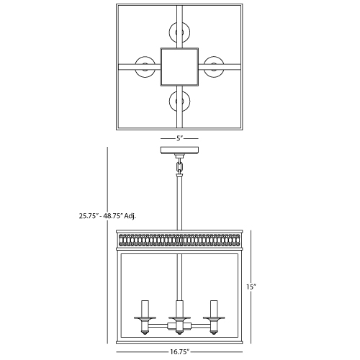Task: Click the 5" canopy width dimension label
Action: [x=179, y=138]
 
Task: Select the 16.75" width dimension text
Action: [x=180, y=352]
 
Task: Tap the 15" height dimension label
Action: [x=251, y=287]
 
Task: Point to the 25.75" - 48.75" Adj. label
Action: [x=107, y=216]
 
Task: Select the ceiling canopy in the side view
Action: [x=179, y=150]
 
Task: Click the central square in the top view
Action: [x=179, y=67]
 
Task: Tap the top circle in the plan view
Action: [x=179, y=32]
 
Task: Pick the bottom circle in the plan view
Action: [x=179, y=101]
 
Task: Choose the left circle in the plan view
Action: [x=145, y=67]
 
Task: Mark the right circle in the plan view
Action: [x=214, y=67]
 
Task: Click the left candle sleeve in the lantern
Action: [x=145, y=308]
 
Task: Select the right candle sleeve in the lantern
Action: [x=214, y=308]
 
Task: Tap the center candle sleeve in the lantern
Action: [x=179, y=308]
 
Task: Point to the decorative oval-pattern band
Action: [x=179, y=240]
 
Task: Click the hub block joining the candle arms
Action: [x=179, y=326]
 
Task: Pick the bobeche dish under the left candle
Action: [x=145, y=318]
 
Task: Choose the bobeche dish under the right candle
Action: [x=214, y=318]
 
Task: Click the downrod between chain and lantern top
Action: [x=179, y=202]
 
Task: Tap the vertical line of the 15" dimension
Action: [x=251, y=287]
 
